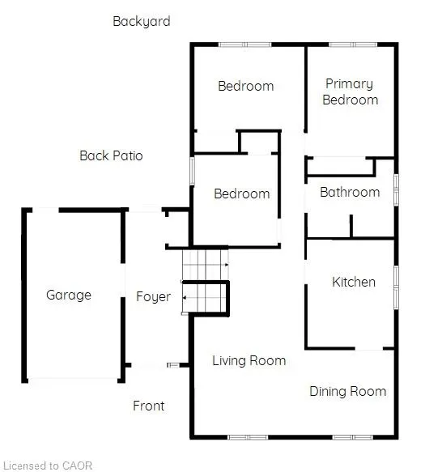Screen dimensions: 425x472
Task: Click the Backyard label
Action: click(142, 21)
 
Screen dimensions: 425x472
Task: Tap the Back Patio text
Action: click(111, 155)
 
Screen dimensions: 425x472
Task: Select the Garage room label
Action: click(69, 295)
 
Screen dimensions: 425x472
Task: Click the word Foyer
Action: click(153, 297)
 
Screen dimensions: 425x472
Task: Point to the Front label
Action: click(149, 406)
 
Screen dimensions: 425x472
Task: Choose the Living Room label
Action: click(249, 360)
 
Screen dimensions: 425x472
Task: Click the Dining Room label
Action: click(348, 391)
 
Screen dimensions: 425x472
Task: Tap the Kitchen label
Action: click(354, 282)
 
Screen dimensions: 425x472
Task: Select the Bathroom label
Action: click(350, 193)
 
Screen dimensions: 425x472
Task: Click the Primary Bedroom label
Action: click(350, 91)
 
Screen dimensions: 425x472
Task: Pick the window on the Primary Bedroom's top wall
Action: click(353, 45)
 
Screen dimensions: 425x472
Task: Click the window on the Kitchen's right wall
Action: click(397, 287)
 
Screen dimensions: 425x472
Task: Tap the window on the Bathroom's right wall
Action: click(397, 190)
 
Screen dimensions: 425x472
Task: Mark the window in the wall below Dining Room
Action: click(352, 437)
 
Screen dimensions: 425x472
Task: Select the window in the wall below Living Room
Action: click(248, 437)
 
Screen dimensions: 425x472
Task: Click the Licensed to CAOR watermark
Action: click(48, 466)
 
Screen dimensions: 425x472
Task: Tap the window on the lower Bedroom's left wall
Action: click(192, 171)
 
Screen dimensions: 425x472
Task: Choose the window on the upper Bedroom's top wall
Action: click(245, 45)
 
